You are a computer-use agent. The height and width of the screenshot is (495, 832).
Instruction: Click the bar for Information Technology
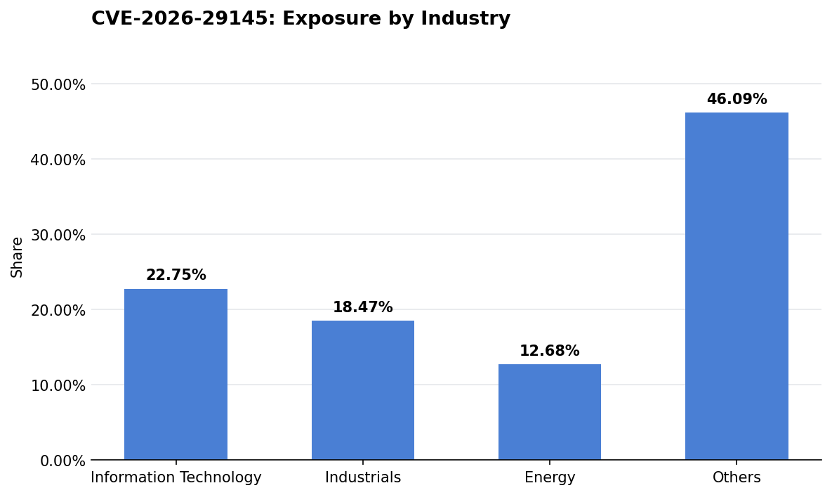176,374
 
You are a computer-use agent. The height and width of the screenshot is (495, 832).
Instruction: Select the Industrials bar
362,390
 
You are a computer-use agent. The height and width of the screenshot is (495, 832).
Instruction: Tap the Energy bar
549,412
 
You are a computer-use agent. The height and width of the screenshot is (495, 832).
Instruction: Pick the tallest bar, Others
737,286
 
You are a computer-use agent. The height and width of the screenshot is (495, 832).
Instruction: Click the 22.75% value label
176,276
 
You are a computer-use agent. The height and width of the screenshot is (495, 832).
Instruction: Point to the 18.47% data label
362,308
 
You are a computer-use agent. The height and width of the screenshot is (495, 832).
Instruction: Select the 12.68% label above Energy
549,352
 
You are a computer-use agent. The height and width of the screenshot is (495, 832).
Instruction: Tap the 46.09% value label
737,100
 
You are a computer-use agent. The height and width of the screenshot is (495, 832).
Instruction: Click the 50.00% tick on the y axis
58,85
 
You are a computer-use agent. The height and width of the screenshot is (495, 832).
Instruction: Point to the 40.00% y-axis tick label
58,160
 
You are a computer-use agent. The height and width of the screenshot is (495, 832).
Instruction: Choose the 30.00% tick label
58,236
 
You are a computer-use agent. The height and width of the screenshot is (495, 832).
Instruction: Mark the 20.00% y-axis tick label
58,311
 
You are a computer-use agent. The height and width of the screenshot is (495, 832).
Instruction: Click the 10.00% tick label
58,386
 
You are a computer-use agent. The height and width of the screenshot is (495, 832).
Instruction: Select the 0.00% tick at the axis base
62,461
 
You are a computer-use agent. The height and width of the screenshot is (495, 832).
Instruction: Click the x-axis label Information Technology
176,478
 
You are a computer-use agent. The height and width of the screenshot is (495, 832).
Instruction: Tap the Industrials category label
362,478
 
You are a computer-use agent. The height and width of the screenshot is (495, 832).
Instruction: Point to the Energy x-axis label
549,478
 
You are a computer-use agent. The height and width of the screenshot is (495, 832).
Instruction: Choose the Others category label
737,478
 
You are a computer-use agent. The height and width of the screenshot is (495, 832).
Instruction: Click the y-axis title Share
18,257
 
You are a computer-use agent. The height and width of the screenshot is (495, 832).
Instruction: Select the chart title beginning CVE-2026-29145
301,19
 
